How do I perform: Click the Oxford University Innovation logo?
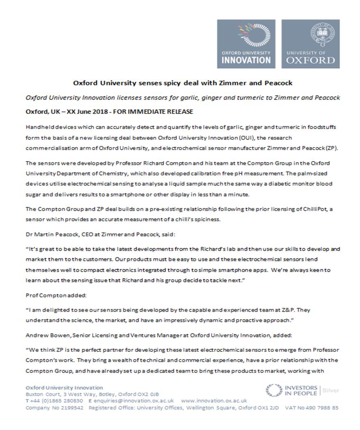pos(247,44)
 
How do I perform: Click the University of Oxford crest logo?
pos(310,44)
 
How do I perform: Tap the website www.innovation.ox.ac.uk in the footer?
pos(214,400)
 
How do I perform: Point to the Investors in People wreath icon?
pos(274,390)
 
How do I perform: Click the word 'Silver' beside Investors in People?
pos(331,390)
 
